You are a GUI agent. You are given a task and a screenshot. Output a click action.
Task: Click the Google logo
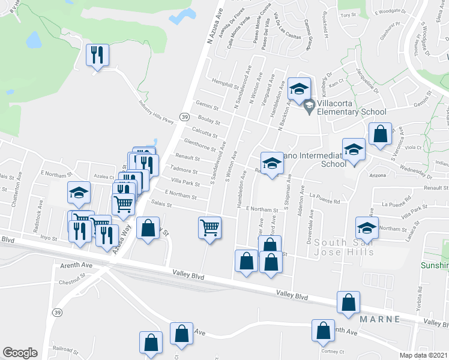(x=20, y=353)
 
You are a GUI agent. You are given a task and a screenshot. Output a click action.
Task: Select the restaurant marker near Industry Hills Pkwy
(x=97, y=56)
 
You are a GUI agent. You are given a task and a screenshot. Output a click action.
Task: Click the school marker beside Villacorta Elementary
(x=299, y=89)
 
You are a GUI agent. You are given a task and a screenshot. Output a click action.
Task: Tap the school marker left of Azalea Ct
(x=79, y=193)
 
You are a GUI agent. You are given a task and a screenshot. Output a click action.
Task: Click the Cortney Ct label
(x=334, y=352)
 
